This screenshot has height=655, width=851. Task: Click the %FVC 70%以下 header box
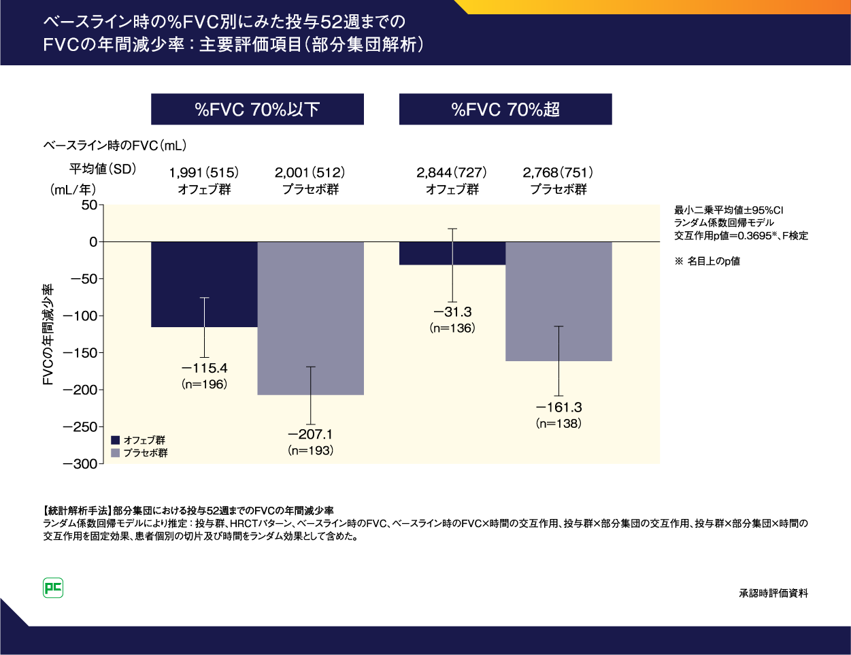[x=257, y=110]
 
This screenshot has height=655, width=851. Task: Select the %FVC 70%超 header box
[x=505, y=110]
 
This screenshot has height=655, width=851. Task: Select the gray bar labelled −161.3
[x=531, y=301]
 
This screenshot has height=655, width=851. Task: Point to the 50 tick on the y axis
[x=89, y=205]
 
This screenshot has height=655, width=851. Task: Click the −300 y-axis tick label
[x=80, y=464]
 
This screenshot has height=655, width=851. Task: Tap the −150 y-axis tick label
[x=80, y=353]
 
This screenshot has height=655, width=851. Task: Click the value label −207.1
[x=310, y=435]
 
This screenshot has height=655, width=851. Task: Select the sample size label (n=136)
[x=452, y=329]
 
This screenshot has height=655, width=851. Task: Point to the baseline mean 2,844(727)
[x=452, y=173]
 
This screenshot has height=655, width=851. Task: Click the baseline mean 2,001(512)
[x=310, y=173]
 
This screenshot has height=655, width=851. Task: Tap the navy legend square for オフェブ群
[x=116, y=440]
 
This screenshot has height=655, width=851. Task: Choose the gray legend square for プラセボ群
[x=116, y=453]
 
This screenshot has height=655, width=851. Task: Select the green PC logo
[x=53, y=588]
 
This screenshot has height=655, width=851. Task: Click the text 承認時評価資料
[x=773, y=593]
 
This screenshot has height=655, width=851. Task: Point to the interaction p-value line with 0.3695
[x=741, y=235]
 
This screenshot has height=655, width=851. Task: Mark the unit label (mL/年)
[x=73, y=190]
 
